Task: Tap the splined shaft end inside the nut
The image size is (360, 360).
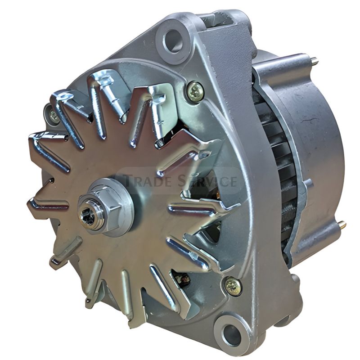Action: [89, 218]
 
